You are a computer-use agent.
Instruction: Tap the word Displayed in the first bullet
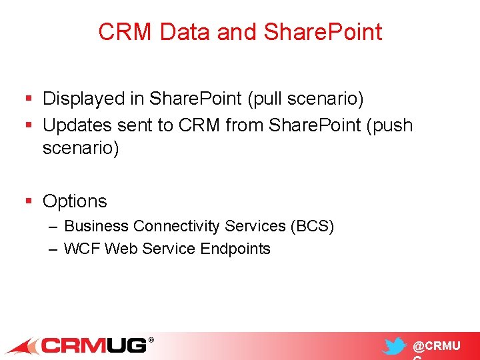tap(88, 99)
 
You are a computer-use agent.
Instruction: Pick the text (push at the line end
tap(389, 125)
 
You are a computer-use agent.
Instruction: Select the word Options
tap(75, 201)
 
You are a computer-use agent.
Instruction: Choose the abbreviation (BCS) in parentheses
tap(312, 226)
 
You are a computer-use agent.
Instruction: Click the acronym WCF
tap(82, 249)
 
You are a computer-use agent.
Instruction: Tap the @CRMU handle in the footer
tap(436, 346)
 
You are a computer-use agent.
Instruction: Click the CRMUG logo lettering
tap(93, 346)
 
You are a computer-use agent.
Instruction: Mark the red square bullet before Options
tap(29, 201)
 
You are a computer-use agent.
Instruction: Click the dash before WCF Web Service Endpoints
tap(53, 249)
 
